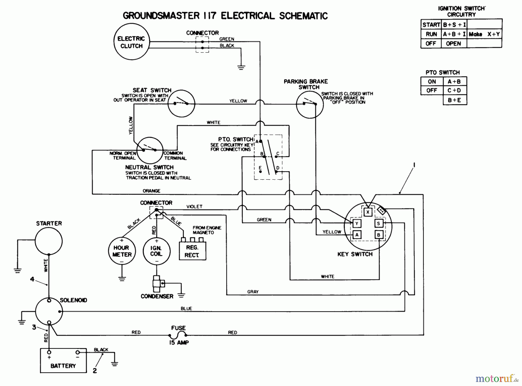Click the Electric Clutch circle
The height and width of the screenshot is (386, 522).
pyautogui.click(x=131, y=42)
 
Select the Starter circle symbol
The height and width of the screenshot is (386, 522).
pyautogui.click(x=49, y=241)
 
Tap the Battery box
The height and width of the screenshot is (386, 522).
pyautogui.click(x=63, y=360)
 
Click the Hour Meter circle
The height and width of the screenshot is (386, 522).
pyautogui.click(x=122, y=251)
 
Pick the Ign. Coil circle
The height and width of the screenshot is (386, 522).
pyautogui.click(x=156, y=251)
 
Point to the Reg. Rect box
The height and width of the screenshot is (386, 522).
pyautogui.click(x=192, y=251)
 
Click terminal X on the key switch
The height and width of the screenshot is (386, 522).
pyautogui.click(x=368, y=212)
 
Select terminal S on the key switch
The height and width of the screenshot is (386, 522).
pyautogui.click(x=379, y=223)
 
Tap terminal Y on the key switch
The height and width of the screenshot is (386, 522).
pyautogui.click(x=357, y=223)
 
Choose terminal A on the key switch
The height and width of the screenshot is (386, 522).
pyautogui.click(x=357, y=235)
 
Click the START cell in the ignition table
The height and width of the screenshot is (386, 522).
pyautogui.click(x=431, y=25)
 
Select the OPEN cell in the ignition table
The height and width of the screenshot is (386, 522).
pyautogui.click(x=453, y=44)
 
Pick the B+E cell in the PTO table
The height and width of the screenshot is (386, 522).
pyautogui.click(x=454, y=100)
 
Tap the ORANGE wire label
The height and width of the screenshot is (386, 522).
pyautogui.click(x=151, y=191)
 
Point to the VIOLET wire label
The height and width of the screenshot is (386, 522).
pyautogui.click(x=194, y=207)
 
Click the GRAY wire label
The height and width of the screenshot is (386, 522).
pyautogui.click(x=253, y=292)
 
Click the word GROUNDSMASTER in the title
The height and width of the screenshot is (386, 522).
pyautogui.click(x=161, y=16)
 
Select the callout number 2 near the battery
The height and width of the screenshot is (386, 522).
pyautogui.click(x=95, y=371)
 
